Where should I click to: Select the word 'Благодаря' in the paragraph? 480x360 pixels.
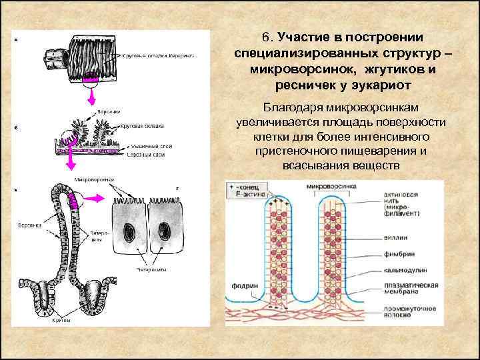tap(291, 108)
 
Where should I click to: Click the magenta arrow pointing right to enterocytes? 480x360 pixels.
tap(95, 197)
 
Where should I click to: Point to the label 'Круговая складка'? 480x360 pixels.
tap(143, 125)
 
